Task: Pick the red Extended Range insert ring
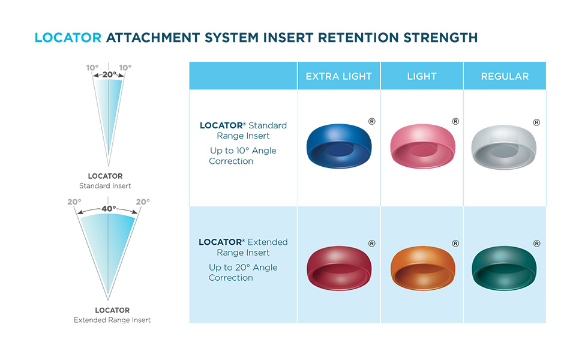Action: (339, 267)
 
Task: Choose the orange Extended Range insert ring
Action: (422, 267)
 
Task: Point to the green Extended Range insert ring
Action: (504, 267)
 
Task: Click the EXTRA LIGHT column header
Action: (339, 76)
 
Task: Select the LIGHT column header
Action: (422, 76)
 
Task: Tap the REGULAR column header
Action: (505, 76)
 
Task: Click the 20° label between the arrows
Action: (109, 75)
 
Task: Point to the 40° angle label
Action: (108, 209)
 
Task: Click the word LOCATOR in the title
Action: (68, 38)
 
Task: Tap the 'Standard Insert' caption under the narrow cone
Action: (105, 186)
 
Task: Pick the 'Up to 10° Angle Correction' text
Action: (243, 155)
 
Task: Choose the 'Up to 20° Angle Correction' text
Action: (243, 272)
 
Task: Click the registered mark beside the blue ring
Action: (371, 122)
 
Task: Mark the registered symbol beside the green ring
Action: (536, 243)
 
